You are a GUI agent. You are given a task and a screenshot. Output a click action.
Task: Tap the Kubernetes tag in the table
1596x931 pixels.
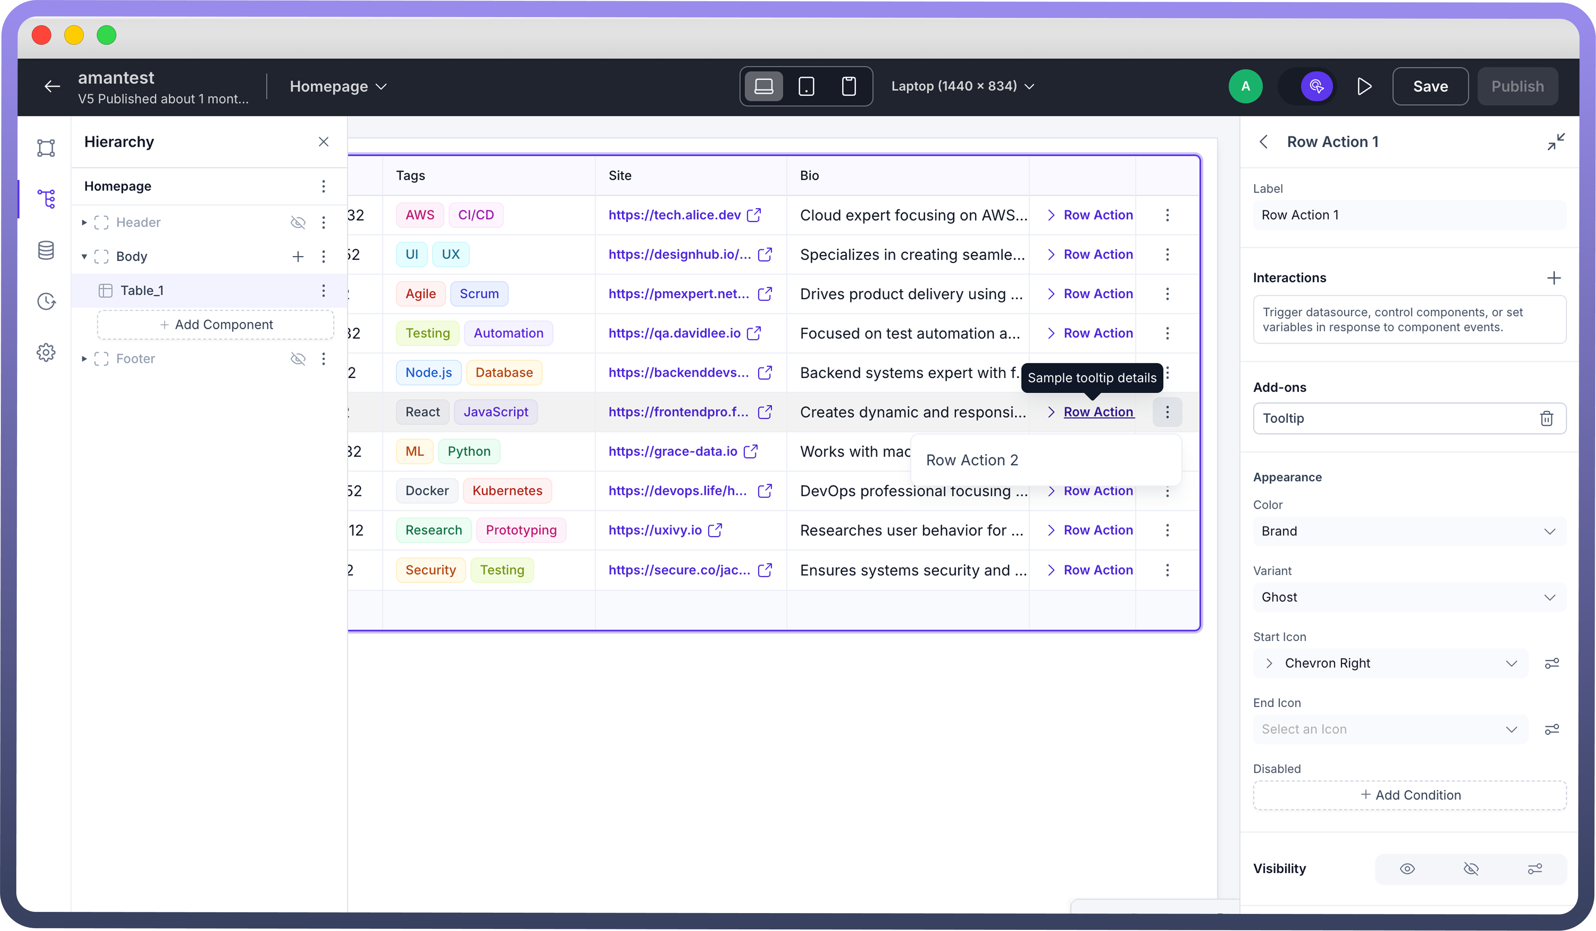click(x=507, y=491)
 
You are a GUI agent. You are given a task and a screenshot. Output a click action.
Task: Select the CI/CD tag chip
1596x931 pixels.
click(x=475, y=215)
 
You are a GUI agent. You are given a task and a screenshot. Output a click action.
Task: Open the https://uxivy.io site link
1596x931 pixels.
click(x=655, y=530)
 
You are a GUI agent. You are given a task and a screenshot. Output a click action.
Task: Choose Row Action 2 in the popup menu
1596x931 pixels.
click(x=972, y=460)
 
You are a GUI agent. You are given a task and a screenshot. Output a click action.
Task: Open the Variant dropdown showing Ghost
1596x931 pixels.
click(x=1408, y=597)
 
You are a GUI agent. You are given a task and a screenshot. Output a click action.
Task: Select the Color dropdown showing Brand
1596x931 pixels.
click(x=1408, y=531)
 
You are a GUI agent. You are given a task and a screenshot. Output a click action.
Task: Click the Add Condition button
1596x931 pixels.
click(x=1410, y=795)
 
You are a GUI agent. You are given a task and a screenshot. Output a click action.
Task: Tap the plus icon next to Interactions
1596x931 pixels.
click(x=1554, y=278)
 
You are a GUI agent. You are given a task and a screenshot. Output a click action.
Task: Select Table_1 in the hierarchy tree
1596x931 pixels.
click(x=142, y=290)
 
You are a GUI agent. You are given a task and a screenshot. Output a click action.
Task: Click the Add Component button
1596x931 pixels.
click(x=216, y=324)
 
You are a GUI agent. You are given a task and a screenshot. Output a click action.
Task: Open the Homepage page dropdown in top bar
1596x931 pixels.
click(x=338, y=86)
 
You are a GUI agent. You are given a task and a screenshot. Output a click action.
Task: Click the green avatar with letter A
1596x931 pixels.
click(x=1245, y=86)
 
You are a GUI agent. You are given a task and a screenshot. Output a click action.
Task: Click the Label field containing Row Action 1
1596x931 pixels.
click(x=1408, y=215)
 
